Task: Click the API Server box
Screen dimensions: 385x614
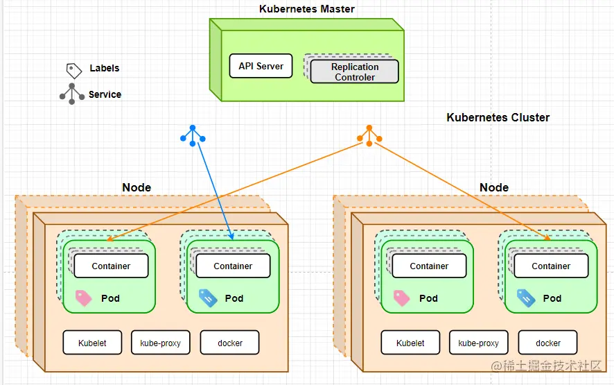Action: [x=261, y=67]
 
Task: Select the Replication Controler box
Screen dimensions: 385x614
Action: [x=354, y=72]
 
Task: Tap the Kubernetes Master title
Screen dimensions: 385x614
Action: [x=307, y=9]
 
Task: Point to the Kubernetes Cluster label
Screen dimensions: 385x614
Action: [x=498, y=117]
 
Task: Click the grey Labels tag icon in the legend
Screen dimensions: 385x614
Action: [x=73, y=69]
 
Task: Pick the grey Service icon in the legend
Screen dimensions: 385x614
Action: [x=72, y=94]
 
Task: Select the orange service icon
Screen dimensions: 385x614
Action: [x=369, y=135]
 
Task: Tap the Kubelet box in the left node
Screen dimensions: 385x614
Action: [x=92, y=343]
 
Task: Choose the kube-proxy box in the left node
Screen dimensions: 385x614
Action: [x=160, y=343]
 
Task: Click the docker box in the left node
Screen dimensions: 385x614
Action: [x=230, y=343]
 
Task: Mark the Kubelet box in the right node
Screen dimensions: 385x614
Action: [x=410, y=343]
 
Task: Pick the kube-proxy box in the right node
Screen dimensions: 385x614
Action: [x=478, y=343]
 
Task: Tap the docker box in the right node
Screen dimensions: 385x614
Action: [x=548, y=343]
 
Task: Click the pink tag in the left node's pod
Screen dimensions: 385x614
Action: [x=83, y=298]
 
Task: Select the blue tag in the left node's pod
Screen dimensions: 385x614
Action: [x=208, y=298]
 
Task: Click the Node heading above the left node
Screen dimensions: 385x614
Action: [x=137, y=187]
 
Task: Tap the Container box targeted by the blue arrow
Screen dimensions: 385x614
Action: [x=233, y=266]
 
